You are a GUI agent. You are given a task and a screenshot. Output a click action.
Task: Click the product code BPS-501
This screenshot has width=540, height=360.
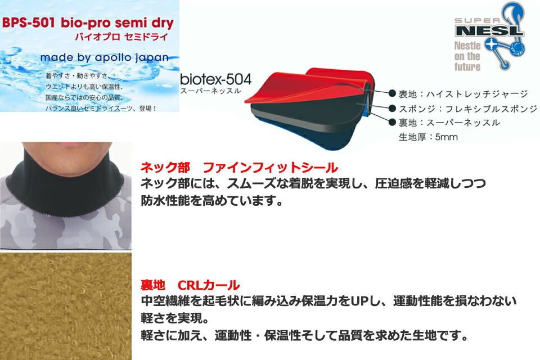click(28, 23)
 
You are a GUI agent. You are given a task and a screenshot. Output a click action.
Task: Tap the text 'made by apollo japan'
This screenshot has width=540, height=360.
click(105, 58)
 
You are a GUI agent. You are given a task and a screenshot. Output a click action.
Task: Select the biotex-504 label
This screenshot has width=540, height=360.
click(216, 79)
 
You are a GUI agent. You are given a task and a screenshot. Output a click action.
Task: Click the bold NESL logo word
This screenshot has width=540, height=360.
click(489, 31)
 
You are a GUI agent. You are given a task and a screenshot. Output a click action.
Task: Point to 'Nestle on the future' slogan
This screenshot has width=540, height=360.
click(467, 56)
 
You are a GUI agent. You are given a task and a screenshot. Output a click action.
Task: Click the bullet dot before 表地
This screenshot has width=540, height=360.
click(392, 93)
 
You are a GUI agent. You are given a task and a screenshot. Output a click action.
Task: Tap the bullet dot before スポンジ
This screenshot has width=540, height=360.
click(392, 109)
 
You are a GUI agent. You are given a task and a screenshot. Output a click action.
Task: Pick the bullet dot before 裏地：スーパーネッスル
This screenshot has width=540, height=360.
click(392, 122)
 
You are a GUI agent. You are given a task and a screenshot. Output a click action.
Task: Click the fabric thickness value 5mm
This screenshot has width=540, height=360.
click(446, 137)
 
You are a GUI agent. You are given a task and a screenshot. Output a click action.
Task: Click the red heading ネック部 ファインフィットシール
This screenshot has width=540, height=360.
click(239, 168)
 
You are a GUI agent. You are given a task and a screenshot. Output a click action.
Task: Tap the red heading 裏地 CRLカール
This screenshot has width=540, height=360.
click(190, 285)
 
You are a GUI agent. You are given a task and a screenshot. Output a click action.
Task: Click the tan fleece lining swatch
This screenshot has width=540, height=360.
click(65, 306)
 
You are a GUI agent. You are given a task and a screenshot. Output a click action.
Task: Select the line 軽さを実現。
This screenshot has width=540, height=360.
click(175, 318)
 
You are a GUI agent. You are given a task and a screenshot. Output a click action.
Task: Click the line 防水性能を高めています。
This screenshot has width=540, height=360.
click(212, 200)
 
